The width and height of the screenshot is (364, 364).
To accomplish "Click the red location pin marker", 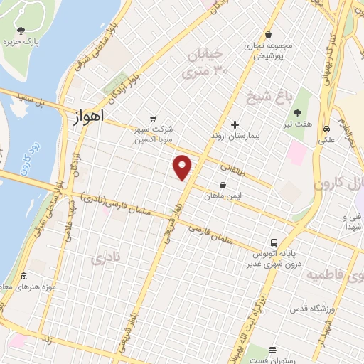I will tap(183, 166).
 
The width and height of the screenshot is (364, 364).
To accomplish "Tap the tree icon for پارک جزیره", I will tap(21, 31).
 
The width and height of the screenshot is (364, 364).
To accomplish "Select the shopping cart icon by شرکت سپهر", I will tap(152, 119).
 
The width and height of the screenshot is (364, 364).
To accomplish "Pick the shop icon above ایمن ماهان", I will tap(223, 185).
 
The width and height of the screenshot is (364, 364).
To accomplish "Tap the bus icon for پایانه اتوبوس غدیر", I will tap(274, 242).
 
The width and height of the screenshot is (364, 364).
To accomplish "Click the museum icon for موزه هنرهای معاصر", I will tap(23, 276).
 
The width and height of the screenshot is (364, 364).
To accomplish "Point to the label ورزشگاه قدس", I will tap(311, 310).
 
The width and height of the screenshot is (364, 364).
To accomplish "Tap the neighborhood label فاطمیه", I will tap(328, 274).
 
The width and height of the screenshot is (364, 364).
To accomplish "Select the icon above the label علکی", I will tap(326, 130).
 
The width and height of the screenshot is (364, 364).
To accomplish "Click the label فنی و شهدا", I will tap(352, 221).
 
